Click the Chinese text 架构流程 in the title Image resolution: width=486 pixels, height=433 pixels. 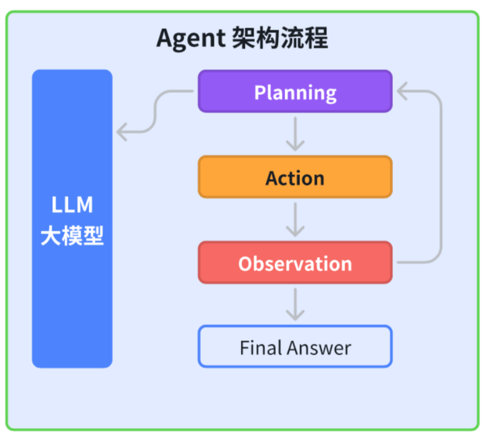point(280,39)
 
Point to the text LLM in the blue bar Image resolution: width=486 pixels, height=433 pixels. point(72,205)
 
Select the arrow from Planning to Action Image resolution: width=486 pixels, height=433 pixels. point(295,134)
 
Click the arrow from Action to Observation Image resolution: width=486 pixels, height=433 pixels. point(295,220)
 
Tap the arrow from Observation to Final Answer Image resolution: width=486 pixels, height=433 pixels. point(295,305)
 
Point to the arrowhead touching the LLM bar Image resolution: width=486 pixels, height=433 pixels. point(121,133)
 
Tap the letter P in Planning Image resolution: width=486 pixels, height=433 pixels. point(260,92)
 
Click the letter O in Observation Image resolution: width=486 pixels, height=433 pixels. point(245,264)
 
